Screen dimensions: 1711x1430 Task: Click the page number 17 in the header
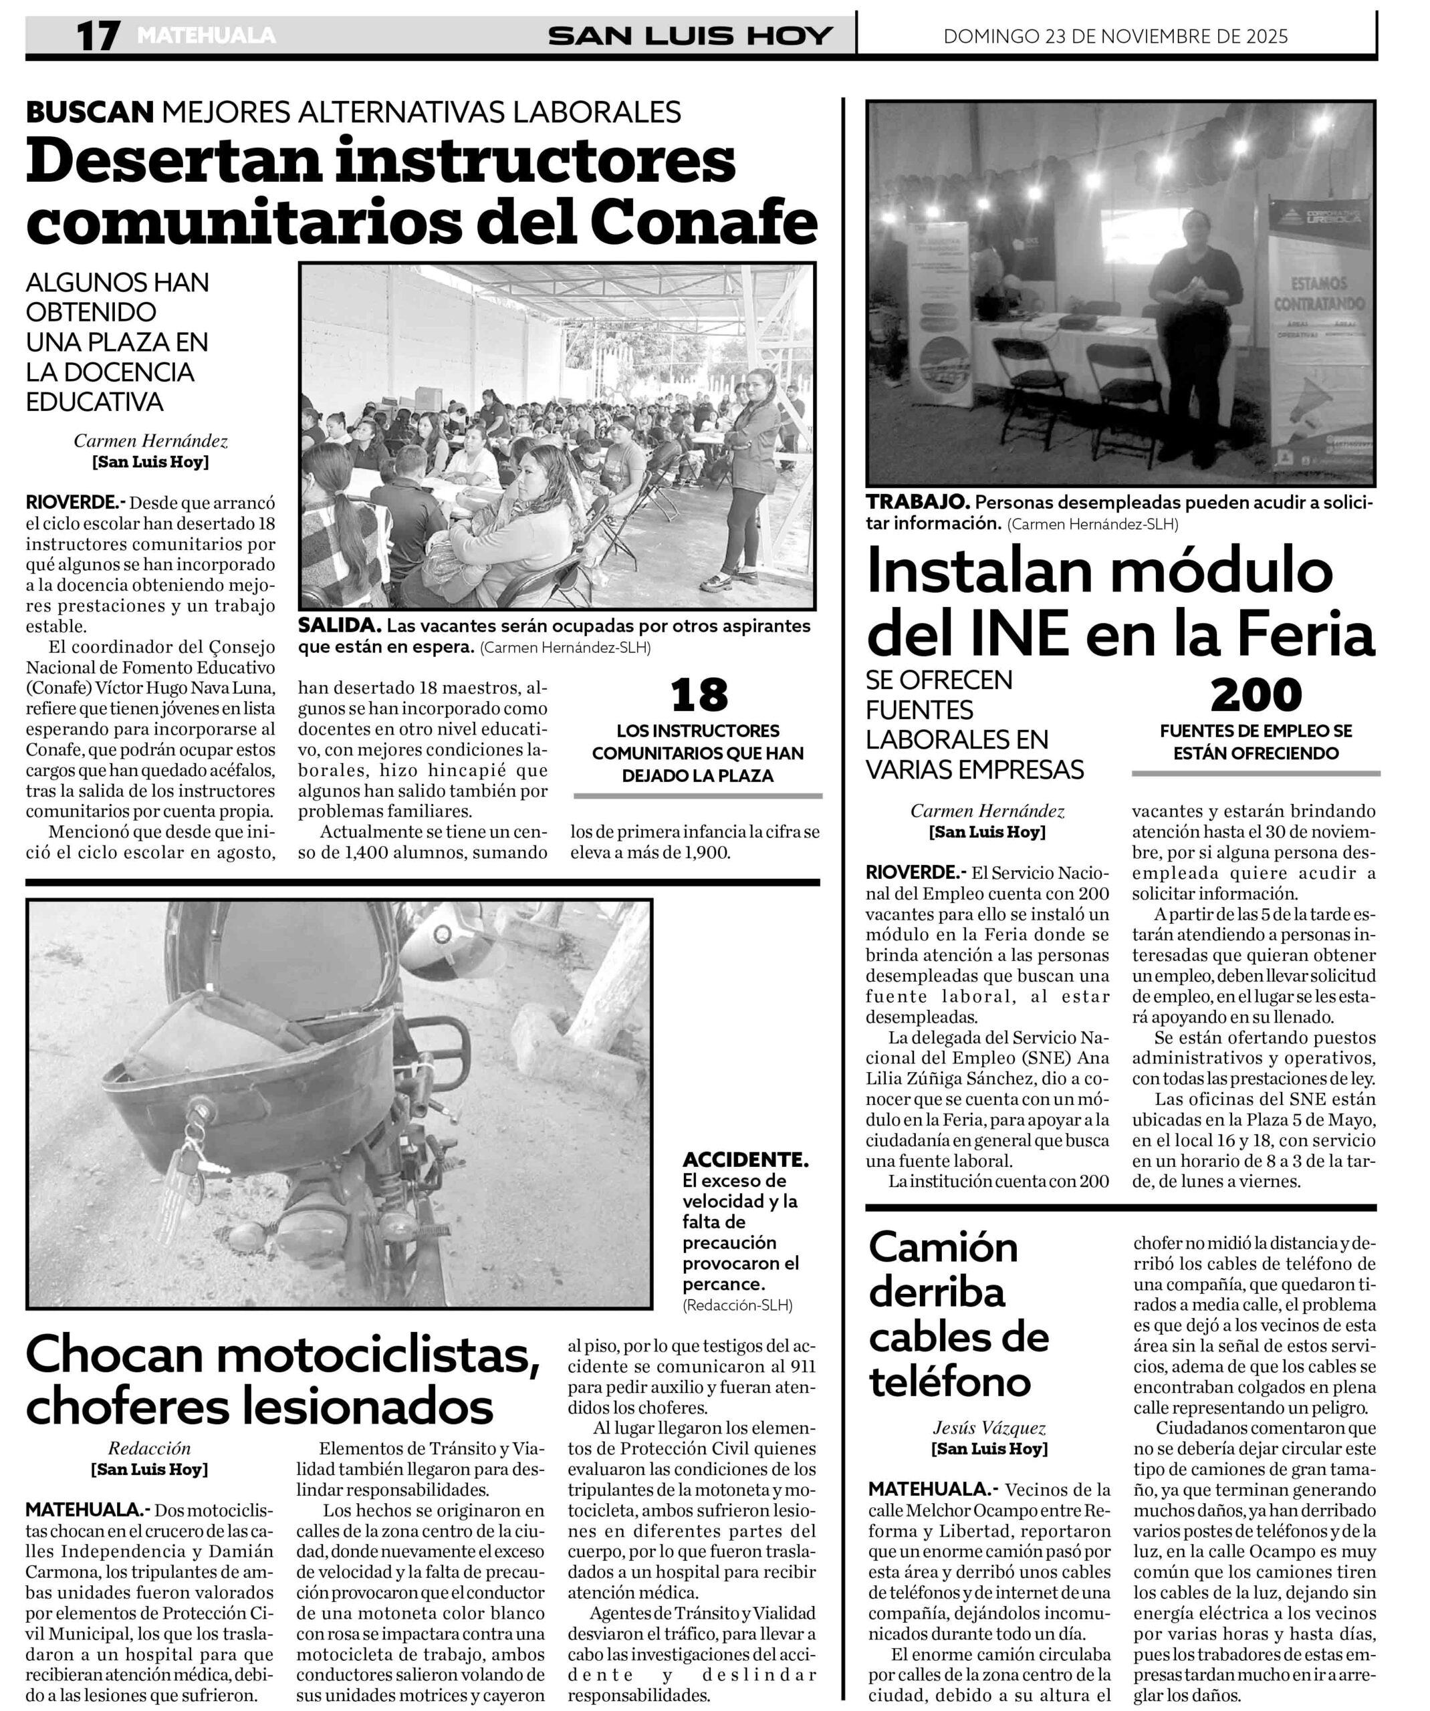click(98, 37)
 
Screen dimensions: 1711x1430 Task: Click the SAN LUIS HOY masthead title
click(690, 37)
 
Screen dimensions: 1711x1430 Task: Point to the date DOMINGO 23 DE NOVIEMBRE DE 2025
click(1116, 37)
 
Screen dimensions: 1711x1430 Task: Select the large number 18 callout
click(699, 695)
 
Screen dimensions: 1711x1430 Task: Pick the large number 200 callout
click(1256, 695)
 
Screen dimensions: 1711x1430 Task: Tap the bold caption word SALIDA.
click(338, 626)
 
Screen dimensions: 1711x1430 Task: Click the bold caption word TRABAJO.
click(917, 503)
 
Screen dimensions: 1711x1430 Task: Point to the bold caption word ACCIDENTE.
click(745, 1160)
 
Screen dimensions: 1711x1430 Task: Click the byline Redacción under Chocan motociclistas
click(149, 1448)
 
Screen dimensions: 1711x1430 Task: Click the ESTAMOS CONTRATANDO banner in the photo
click(1318, 294)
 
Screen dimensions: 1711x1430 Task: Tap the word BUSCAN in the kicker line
click(90, 112)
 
